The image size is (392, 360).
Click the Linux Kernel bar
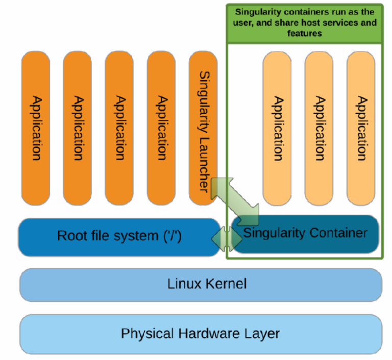201,284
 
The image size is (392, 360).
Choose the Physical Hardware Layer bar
201,334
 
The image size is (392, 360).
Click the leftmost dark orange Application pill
35,127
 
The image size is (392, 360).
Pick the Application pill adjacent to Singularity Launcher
161,127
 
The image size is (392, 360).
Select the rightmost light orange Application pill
361,127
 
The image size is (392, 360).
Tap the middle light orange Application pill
319,127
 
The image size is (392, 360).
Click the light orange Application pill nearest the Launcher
277,127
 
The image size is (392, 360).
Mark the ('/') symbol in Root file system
170,236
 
